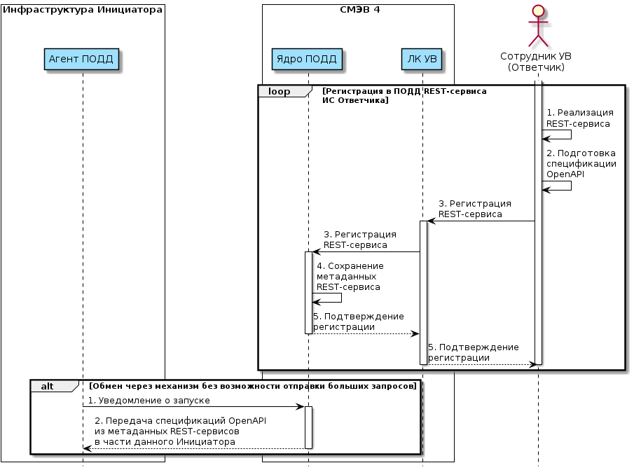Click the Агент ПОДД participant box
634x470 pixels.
click(x=81, y=59)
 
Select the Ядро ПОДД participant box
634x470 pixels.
click(x=307, y=59)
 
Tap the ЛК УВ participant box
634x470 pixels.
click(x=422, y=59)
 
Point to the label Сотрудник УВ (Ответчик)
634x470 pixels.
click(x=537, y=62)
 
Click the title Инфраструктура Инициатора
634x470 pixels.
click(x=83, y=10)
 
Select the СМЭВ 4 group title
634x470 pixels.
click(x=358, y=10)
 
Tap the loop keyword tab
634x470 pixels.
click(x=280, y=92)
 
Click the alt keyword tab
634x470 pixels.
click(x=48, y=386)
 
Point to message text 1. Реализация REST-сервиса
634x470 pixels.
click(x=580, y=118)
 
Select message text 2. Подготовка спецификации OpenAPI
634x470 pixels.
click(x=581, y=163)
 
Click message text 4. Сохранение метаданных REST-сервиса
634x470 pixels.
click(x=350, y=277)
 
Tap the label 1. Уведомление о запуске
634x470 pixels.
click(x=149, y=400)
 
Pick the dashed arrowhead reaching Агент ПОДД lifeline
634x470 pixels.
click(x=86, y=448)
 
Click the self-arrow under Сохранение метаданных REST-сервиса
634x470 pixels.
click(x=330, y=298)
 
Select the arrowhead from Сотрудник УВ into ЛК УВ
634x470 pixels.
click(x=431, y=221)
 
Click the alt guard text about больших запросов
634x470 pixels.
click(x=253, y=386)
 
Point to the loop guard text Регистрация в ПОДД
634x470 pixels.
click(x=404, y=96)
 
